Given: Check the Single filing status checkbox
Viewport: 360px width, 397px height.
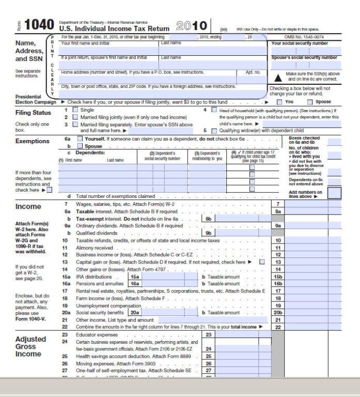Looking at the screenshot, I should tap(75, 110).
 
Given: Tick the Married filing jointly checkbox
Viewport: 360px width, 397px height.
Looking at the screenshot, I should tap(75, 117).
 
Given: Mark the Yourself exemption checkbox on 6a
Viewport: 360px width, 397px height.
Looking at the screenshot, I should tap(80, 139).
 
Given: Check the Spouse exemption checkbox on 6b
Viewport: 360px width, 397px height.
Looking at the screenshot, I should tap(80, 146).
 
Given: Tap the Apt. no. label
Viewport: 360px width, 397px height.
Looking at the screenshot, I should tap(253, 72).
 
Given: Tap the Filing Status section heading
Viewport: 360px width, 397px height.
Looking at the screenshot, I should tap(34, 113).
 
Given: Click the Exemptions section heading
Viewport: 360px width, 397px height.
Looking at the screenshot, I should tap(33, 141).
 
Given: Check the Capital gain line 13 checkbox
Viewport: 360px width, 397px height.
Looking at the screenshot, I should tap(262, 262).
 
